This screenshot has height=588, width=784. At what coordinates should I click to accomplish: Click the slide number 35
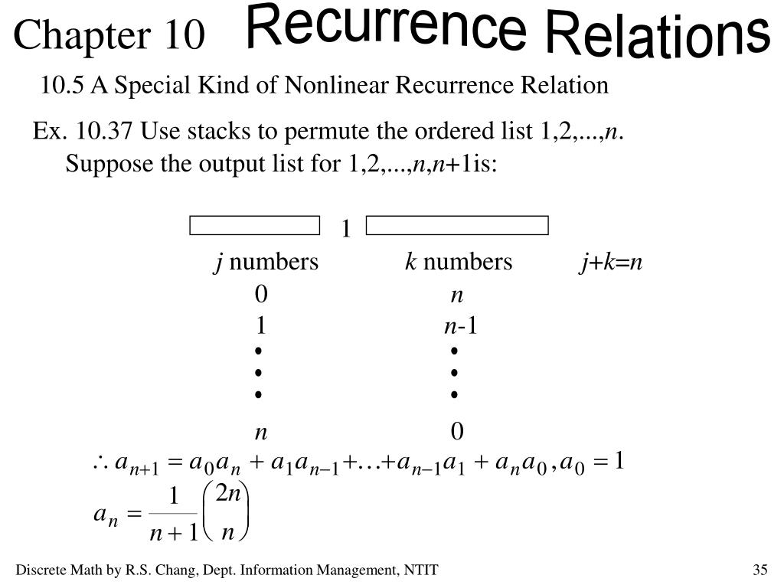coord(759,570)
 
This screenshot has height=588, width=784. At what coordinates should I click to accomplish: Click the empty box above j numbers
coord(254,225)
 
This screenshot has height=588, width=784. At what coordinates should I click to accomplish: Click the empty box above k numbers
coord(457,225)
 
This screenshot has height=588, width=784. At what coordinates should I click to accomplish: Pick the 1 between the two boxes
coord(345,229)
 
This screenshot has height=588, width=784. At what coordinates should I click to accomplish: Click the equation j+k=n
coord(610,263)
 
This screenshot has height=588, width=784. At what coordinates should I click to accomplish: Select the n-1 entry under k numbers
coord(460,326)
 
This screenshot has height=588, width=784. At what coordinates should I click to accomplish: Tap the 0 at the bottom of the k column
coord(457,432)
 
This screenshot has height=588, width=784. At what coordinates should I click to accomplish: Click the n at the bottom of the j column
coord(261,433)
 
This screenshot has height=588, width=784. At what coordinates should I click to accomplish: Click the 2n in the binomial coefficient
coord(228,495)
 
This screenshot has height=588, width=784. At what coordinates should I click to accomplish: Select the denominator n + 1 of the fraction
coord(174,531)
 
